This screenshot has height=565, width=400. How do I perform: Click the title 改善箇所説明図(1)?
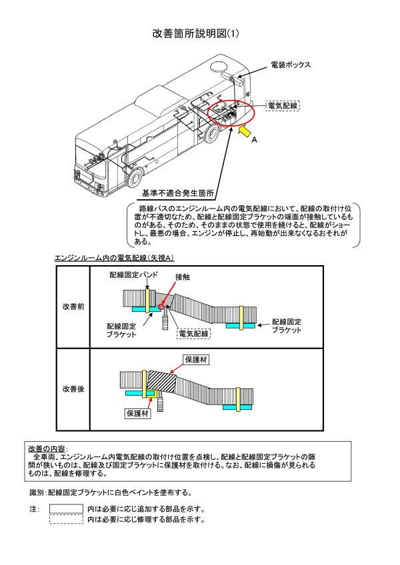[200, 34]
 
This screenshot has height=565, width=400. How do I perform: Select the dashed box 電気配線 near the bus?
[282, 105]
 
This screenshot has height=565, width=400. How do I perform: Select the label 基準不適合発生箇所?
[177, 194]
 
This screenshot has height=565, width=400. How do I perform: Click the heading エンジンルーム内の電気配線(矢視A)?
[114, 258]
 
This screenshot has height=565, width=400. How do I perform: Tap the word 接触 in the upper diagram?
[183, 276]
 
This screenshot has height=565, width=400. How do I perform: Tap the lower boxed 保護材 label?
[139, 414]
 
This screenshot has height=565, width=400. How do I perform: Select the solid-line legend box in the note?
[67, 509]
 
